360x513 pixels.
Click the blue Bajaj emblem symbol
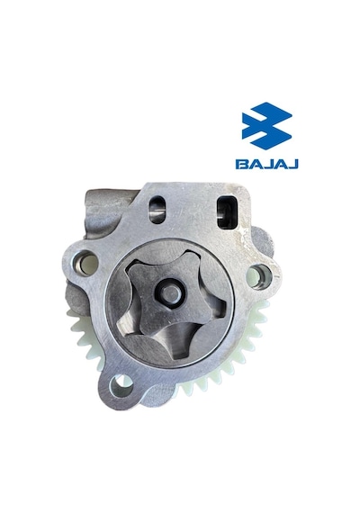tap(266, 126)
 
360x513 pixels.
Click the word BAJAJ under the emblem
tap(266, 164)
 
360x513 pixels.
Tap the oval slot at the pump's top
tap(157, 210)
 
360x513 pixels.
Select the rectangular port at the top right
tap(227, 212)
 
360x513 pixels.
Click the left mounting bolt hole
tap(85, 263)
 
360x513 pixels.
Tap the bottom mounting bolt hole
tap(121, 384)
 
